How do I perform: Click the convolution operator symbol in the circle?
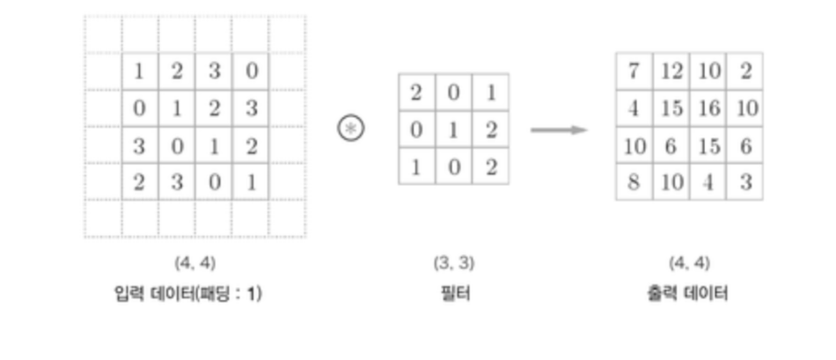351,129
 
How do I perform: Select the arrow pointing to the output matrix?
559,130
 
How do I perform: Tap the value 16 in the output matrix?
708,108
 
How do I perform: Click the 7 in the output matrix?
634,71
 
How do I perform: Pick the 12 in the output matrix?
671,71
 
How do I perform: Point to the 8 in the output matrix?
634,183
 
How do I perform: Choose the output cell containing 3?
745,183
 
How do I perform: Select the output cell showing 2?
745,71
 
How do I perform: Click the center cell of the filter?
454,129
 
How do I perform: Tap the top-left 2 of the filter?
417,92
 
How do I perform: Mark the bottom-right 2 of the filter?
491,166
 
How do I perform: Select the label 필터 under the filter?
454,293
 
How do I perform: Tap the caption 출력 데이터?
688,293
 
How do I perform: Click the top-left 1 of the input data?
139,71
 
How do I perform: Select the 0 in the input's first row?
251,71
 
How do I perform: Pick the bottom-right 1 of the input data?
251,183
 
